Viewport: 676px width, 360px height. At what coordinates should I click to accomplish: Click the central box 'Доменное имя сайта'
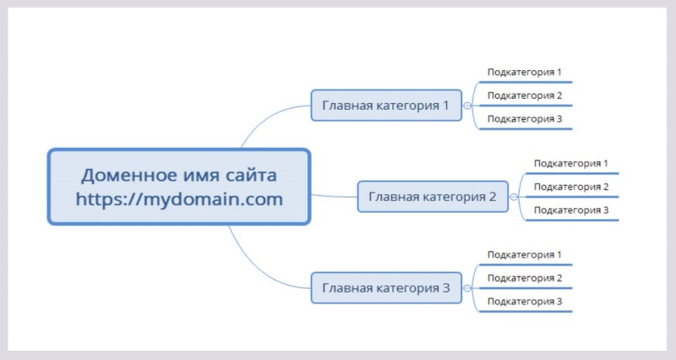(178, 176)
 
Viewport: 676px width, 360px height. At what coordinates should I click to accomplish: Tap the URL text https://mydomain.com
(178, 199)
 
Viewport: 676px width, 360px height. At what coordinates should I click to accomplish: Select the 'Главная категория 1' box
(386, 106)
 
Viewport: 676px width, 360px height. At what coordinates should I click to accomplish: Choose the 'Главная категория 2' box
(433, 197)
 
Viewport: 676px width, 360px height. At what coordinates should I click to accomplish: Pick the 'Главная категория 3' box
(386, 288)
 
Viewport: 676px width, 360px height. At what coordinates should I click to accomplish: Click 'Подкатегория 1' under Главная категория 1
(525, 73)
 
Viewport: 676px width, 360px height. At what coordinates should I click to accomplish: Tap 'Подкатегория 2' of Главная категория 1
(525, 95)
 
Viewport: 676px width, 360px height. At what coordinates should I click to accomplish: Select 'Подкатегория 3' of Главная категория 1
(525, 118)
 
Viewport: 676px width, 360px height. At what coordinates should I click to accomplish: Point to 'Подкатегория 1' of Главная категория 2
(571, 163)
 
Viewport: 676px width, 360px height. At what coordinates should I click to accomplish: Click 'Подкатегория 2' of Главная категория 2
(571, 187)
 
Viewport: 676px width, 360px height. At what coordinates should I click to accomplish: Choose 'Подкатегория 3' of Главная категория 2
(571, 210)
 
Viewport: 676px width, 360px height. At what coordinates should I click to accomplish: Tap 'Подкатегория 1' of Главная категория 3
(525, 254)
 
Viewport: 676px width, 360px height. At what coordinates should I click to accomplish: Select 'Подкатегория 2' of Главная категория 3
(525, 278)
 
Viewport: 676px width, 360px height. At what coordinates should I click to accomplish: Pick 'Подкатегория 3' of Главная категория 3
(525, 301)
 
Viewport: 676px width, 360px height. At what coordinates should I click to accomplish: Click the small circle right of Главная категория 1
(467, 106)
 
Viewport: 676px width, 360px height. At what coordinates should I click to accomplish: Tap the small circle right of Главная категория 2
(514, 197)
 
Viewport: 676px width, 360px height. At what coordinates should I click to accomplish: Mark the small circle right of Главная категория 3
(467, 288)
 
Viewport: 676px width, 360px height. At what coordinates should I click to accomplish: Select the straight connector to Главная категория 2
(334, 196)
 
